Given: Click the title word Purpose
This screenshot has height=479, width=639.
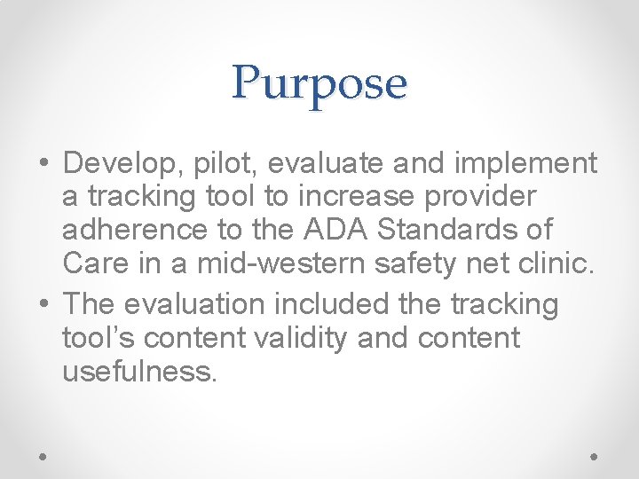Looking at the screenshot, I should click(319, 84).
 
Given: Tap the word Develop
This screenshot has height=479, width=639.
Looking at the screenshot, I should click(116, 163).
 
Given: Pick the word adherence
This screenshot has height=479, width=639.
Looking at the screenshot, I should click(132, 230).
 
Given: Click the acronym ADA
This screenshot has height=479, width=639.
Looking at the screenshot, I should click(334, 230).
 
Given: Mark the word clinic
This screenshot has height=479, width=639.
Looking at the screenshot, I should click(562, 263).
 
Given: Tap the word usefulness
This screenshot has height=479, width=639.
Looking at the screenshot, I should click(139, 371).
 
